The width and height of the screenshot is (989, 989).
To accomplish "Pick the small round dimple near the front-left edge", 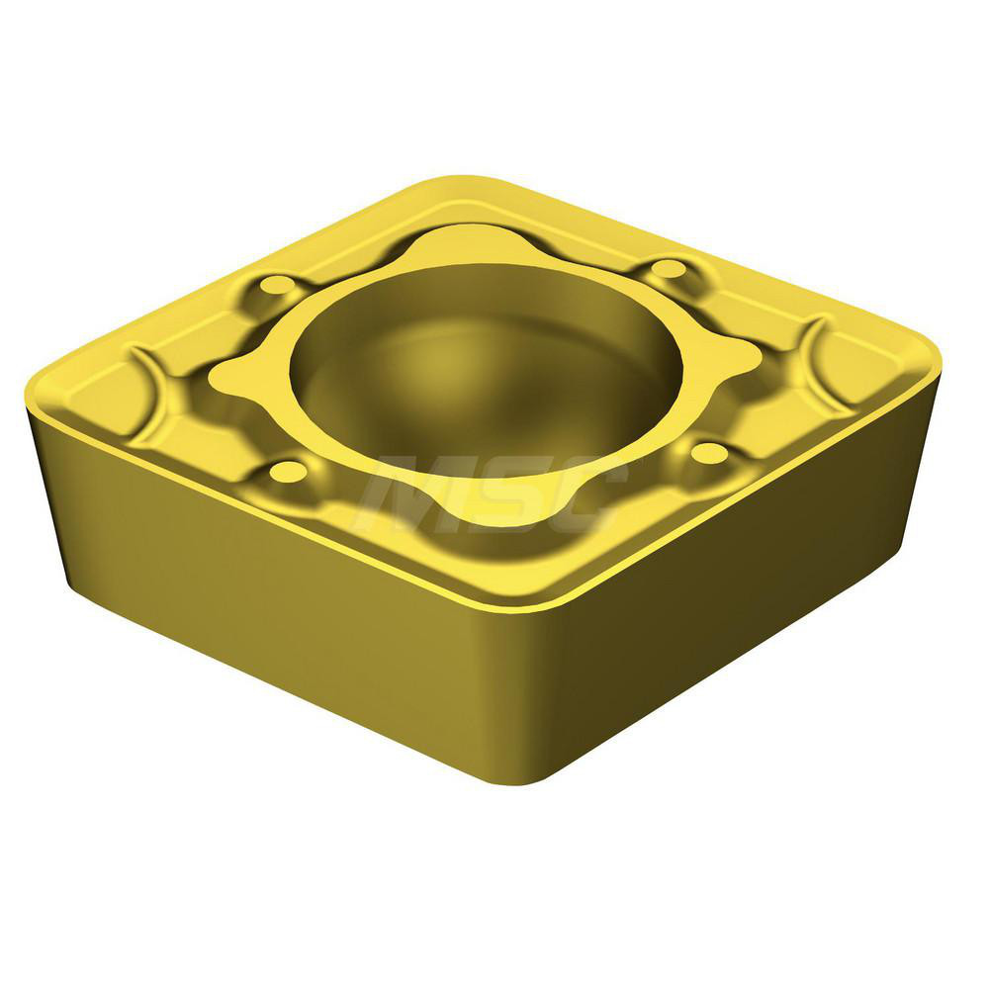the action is click(x=288, y=471).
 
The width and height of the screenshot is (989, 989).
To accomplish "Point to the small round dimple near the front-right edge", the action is click(x=709, y=453).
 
